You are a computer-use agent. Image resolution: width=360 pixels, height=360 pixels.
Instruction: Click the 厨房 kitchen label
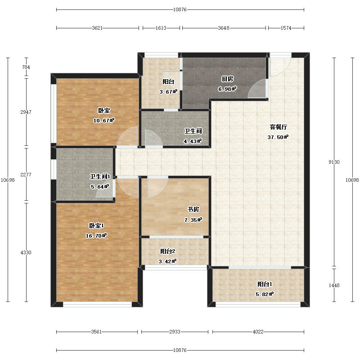[227, 79]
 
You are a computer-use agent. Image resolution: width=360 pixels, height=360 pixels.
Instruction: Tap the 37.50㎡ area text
[278, 137]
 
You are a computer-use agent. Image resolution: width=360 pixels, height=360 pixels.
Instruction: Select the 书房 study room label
[193, 209]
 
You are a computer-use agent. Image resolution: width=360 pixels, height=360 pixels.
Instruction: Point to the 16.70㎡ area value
[96, 235]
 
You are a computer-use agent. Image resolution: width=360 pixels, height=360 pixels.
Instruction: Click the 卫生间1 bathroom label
[100, 176]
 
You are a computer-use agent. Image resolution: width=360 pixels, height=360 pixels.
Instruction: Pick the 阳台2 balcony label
[167, 252]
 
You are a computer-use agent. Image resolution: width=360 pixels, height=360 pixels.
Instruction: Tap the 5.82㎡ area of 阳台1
[265, 294]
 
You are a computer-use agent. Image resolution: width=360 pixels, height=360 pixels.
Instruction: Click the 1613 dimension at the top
[161, 28]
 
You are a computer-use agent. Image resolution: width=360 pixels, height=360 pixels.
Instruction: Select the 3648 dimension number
[224, 28]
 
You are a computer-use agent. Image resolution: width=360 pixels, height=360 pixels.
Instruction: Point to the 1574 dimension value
[286, 28]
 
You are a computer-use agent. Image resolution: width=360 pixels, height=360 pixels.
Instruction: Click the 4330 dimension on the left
[26, 252]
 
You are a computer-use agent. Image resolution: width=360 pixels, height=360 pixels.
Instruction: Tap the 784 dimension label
[26, 67]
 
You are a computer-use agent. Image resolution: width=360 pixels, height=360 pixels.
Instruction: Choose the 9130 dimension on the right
[334, 162]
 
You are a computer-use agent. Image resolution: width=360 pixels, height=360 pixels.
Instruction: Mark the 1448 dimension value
[334, 285]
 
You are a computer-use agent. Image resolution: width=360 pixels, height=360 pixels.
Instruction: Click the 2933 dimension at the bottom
[175, 332]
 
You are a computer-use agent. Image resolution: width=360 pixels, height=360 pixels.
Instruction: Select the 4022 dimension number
[258, 332]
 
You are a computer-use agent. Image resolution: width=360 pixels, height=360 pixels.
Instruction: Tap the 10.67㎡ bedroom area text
[104, 120]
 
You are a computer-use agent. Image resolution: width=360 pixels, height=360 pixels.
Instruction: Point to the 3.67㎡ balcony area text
[168, 92]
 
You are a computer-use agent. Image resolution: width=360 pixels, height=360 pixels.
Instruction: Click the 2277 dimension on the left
[26, 175]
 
